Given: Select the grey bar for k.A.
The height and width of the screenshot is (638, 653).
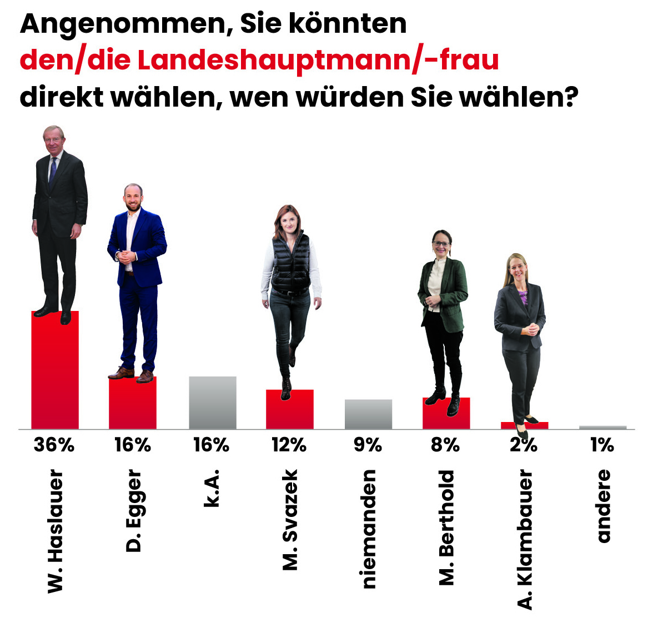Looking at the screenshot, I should pyautogui.click(x=213, y=403).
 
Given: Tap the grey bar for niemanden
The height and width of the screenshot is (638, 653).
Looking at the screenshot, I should pyautogui.click(x=368, y=414).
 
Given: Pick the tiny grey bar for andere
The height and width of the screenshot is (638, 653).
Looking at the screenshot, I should pyautogui.click(x=602, y=427).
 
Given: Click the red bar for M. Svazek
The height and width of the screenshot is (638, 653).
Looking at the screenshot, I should pyautogui.click(x=290, y=411).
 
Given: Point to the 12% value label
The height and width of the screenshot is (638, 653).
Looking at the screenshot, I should pyautogui.click(x=289, y=445).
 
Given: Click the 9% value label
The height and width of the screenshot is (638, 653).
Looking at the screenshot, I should pyautogui.click(x=368, y=445).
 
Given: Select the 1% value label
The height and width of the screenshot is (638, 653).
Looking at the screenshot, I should pyautogui.click(x=602, y=445).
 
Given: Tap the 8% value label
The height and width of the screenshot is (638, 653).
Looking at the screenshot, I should pyautogui.click(x=445, y=445).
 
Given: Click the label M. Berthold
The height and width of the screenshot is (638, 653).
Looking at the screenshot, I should pyautogui.click(x=446, y=528).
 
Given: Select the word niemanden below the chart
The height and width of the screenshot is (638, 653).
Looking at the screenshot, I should pyautogui.click(x=369, y=529).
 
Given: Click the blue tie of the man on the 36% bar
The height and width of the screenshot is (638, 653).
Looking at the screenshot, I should pyautogui.click(x=53, y=170).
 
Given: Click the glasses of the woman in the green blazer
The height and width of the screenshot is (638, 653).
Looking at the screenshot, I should pyautogui.click(x=442, y=243).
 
